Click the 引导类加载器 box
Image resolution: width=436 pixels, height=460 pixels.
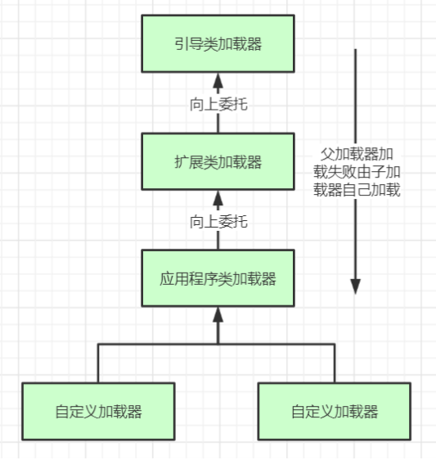coord(218,43)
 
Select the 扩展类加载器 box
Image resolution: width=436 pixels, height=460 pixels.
coord(218,161)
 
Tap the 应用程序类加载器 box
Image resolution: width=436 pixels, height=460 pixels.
coord(218,279)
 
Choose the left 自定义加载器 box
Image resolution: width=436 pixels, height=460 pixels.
coord(99,411)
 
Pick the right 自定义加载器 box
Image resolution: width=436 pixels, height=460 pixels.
coord(335,411)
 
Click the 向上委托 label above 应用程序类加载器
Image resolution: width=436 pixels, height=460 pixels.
coord(218,221)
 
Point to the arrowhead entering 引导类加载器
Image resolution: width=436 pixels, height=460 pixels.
coord(218,79)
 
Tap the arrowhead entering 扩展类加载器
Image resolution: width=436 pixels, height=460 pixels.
coord(218,197)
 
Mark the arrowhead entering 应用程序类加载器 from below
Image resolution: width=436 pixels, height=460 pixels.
coord(218,315)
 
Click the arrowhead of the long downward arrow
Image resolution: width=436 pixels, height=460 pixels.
coord(356,286)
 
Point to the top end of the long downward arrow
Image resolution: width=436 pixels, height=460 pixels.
coord(356,51)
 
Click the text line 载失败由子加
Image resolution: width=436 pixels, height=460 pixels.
coord(361,172)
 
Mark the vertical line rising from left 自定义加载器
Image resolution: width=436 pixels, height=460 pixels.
coord(99,363)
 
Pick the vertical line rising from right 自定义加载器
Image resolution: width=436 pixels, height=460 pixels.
coord(335,363)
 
